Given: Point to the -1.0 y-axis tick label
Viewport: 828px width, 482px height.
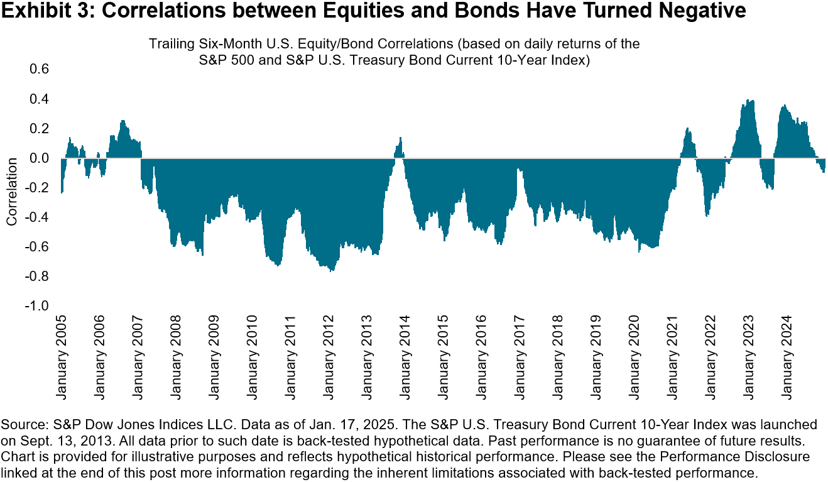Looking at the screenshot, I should (x=36, y=306).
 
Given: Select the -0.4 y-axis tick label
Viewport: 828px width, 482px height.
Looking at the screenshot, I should (x=36, y=217).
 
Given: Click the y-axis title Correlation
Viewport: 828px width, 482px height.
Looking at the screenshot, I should (x=11, y=192).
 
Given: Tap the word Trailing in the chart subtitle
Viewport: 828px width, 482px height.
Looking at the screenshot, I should (x=169, y=45).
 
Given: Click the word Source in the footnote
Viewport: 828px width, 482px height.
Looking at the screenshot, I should (x=21, y=424).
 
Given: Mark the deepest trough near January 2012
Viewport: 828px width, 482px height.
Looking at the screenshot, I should (x=331, y=271).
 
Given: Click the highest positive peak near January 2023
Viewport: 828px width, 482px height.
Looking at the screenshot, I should (x=750, y=101).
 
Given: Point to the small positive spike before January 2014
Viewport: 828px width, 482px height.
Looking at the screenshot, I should (x=400, y=138).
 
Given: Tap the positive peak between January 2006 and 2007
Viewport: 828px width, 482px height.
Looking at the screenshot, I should (x=123, y=121).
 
